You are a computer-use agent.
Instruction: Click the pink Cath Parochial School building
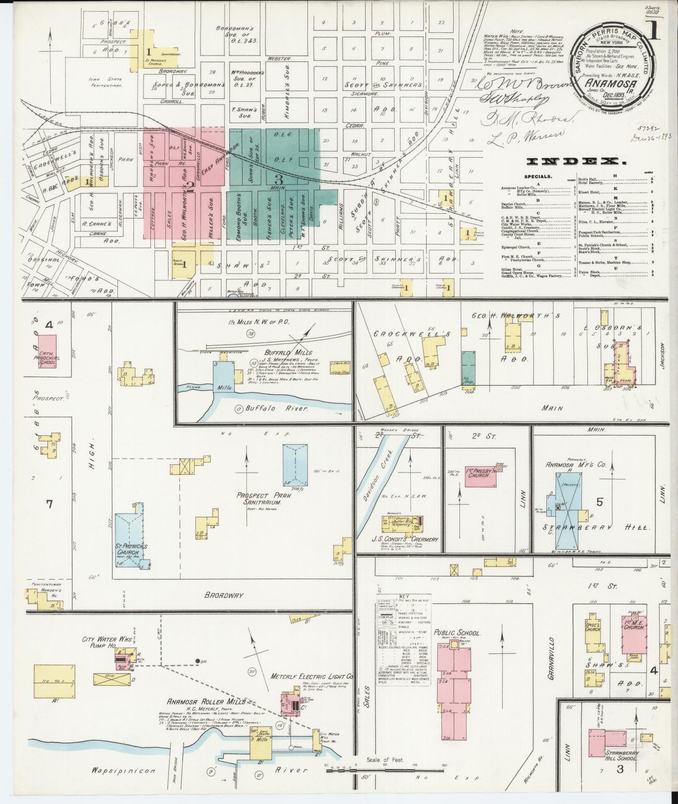pyautogui.click(x=47, y=351)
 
